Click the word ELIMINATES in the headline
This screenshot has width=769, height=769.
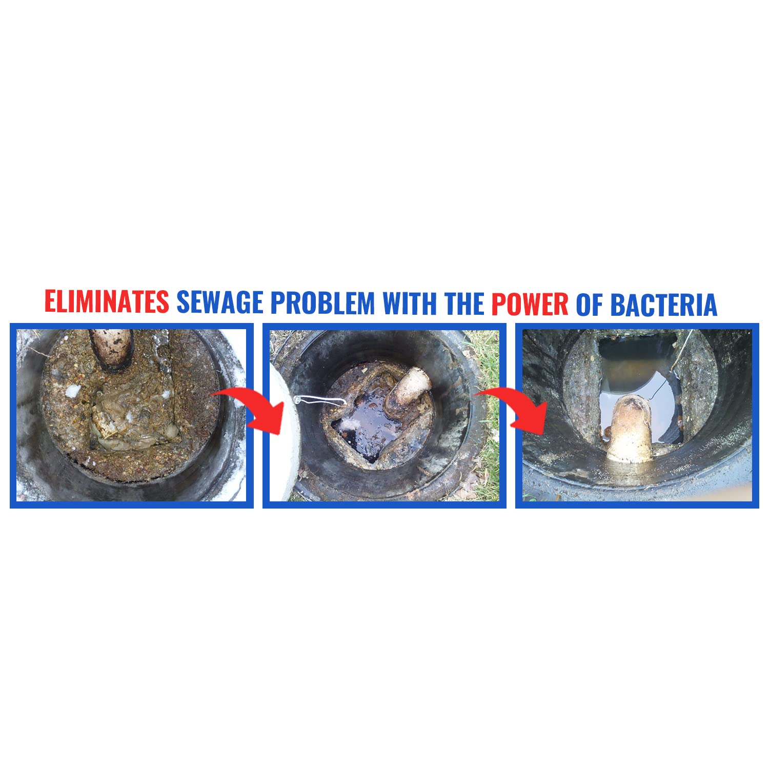click(x=107, y=302)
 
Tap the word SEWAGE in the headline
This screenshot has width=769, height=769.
click(x=220, y=302)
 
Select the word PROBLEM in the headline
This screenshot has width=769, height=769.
click(x=322, y=303)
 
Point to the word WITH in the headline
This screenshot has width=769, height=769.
click(x=411, y=303)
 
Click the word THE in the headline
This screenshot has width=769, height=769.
click(x=464, y=303)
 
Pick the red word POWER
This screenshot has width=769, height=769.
click(x=530, y=304)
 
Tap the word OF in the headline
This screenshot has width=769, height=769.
click(x=590, y=305)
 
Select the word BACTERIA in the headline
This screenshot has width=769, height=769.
click(x=663, y=305)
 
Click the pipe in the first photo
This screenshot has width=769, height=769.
click(x=112, y=350)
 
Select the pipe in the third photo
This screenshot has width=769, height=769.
click(x=629, y=430)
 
